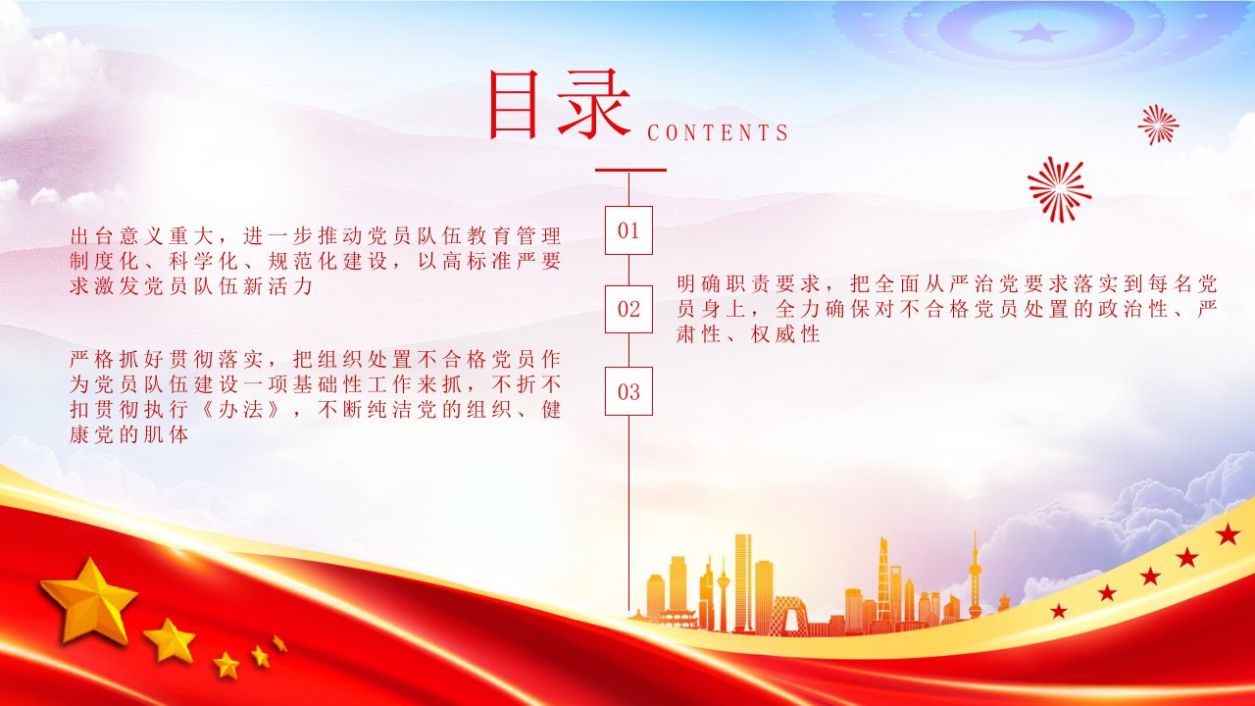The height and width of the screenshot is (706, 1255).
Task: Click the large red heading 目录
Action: tap(559, 105)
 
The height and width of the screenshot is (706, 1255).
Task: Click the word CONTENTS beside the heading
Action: tap(718, 132)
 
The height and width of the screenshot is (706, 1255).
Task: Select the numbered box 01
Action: tap(628, 230)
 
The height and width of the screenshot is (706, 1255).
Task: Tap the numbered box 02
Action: tap(628, 309)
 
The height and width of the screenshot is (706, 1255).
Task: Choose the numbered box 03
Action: tap(628, 391)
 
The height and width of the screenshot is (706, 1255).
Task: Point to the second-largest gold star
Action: tap(170, 640)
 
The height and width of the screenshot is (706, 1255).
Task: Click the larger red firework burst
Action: tap(1059, 189)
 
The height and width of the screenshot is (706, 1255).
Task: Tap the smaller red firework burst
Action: tap(1159, 125)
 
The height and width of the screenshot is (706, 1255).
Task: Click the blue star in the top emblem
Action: tap(1037, 32)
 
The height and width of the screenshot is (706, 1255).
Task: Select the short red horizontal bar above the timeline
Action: tap(630, 170)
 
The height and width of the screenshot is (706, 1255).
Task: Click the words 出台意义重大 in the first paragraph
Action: tap(143, 236)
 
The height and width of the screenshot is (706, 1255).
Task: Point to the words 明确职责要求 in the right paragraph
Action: tap(750, 284)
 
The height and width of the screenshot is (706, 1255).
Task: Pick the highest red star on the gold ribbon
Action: tap(1228, 534)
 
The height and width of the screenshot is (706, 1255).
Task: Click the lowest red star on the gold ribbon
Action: tap(1058, 611)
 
